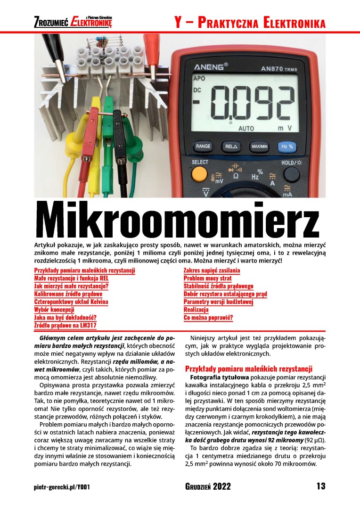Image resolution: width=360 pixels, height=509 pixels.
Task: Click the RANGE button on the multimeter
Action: (x=203, y=147)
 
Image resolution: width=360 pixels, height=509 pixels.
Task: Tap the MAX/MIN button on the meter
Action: (x=259, y=147)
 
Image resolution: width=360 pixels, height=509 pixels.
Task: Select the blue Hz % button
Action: (x=286, y=147)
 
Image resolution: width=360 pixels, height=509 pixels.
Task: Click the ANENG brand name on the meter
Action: (x=210, y=65)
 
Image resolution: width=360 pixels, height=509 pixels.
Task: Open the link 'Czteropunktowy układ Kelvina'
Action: (x=71, y=302)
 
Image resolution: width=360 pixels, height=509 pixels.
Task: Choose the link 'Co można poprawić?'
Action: (x=208, y=318)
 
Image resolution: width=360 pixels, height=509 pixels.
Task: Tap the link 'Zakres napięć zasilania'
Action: (x=212, y=270)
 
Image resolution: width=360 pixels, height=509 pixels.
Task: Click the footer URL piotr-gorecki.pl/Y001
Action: (x=62, y=487)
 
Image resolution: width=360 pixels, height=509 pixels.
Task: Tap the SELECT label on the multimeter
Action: (x=200, y=163)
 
